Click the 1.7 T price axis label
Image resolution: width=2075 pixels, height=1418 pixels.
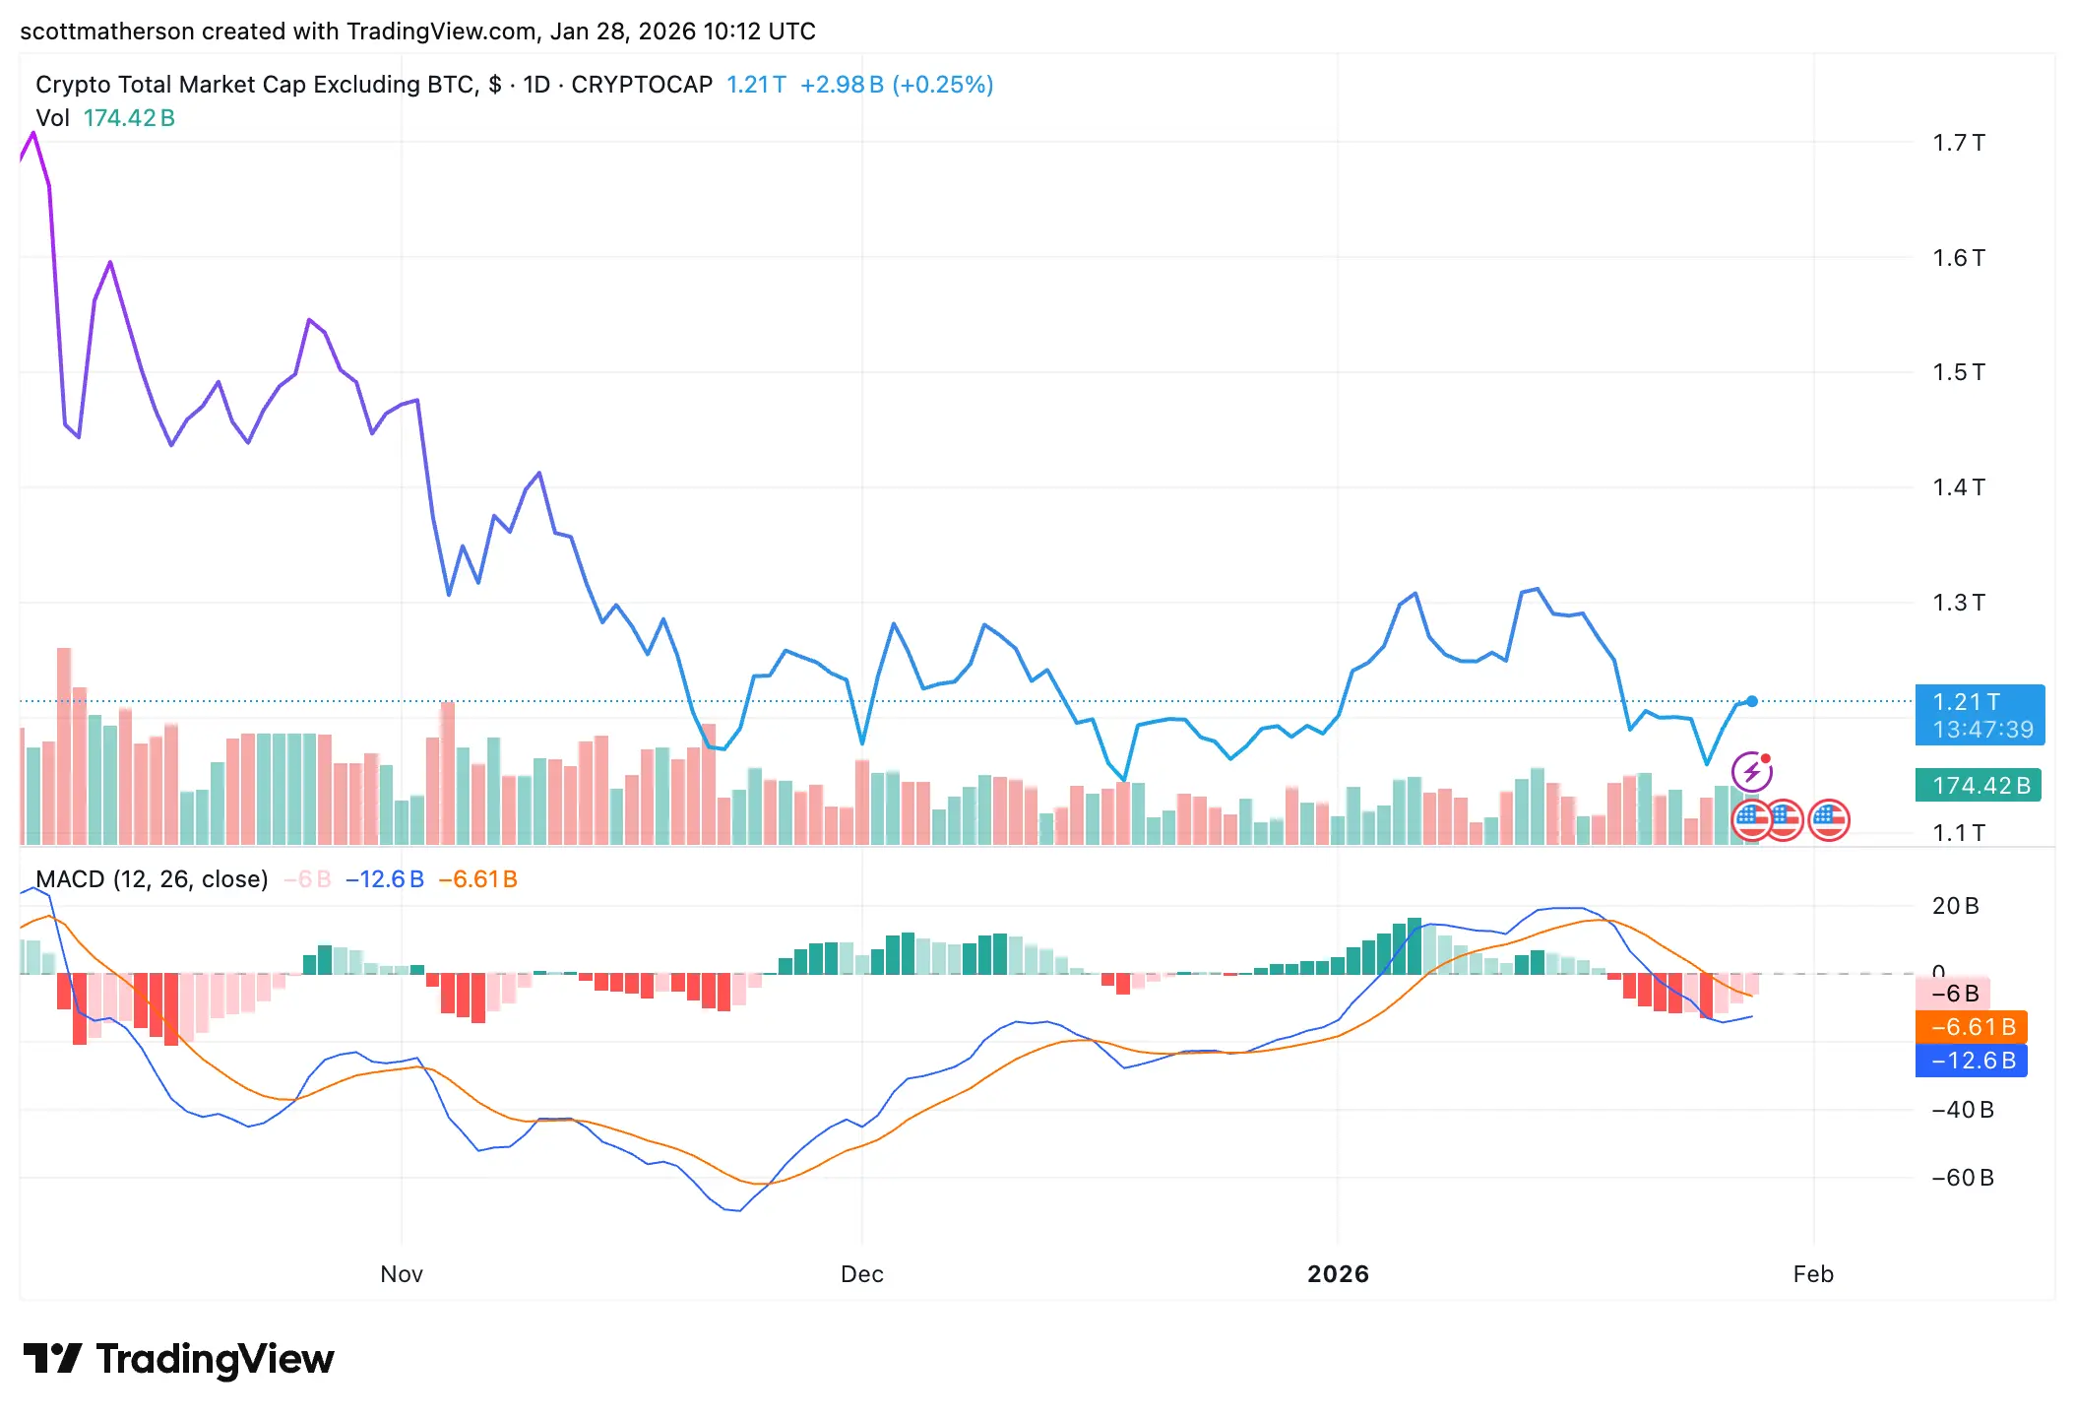pyautogui.click(x=1958, y=143)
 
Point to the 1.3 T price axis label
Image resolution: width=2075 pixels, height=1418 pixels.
pyautogui.click(x=1958, y=602)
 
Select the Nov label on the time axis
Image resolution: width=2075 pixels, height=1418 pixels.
pyautogui.click(x=402, y=1274)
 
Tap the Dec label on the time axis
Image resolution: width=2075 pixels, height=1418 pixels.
pyautogui.click(x=861, y=1274)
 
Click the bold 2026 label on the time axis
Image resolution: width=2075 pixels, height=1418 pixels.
pyautogui.click(x=1338, y=1274)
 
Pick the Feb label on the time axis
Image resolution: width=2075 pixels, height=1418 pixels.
pyautogui.click(x=1813, y=1274)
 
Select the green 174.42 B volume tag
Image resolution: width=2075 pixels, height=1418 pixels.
pyautogui.click(x=1978, y=786)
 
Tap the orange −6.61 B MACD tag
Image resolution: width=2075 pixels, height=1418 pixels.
pyautogui.click(x=1971, y=1027)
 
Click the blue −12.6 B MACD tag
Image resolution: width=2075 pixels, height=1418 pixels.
pyautogui.click(x=1971, y=1061)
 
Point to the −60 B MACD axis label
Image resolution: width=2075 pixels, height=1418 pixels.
pyautogui.click(x=1962, y=1178)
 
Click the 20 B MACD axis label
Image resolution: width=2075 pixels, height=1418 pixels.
pyautogui.click(x=1955, y=906)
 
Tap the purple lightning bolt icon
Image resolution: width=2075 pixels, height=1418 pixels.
pyautogui.click(x=1752, y=772)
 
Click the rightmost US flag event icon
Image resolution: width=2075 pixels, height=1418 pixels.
pyautogui.click(x=1829, y=819)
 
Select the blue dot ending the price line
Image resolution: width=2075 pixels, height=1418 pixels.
pyautogui.click(x=1752, y=701)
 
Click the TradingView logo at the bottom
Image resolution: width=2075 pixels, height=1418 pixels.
pyautogui.click(x=179, y=1359)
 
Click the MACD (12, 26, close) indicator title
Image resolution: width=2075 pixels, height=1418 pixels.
pyautogui.click(x=152, y=879)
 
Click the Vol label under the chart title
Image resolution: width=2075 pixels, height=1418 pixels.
pyautogui.click(x=52, y=118)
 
